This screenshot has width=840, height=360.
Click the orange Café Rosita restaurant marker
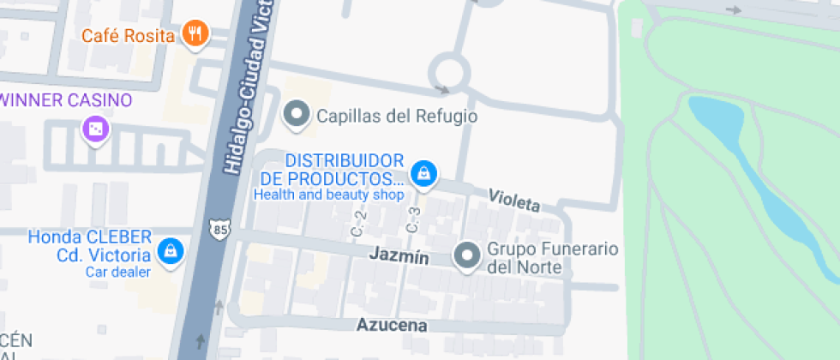click(x=195, y=35)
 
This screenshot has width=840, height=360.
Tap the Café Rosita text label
click(x=129, y=36)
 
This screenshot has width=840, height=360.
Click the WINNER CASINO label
click(x=67, y=99)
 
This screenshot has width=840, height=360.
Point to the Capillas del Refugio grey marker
click(x=297, y=115)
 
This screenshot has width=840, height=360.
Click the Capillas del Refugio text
click(x=397, y=116)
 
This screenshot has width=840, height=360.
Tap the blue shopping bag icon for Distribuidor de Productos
click(x=422, y=174)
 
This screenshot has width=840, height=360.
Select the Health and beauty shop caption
click(x=327, y=195)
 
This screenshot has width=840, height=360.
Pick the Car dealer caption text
click(x=118, y=272)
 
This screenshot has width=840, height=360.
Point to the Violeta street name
click(x=514, y=201)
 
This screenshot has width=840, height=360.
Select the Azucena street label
click(x=392, y=326)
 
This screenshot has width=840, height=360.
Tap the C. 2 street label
click(x=358, y=225)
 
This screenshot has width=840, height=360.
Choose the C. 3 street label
click(x=412, y=220)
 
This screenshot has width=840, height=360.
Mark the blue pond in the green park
click(x=754, y=171)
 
